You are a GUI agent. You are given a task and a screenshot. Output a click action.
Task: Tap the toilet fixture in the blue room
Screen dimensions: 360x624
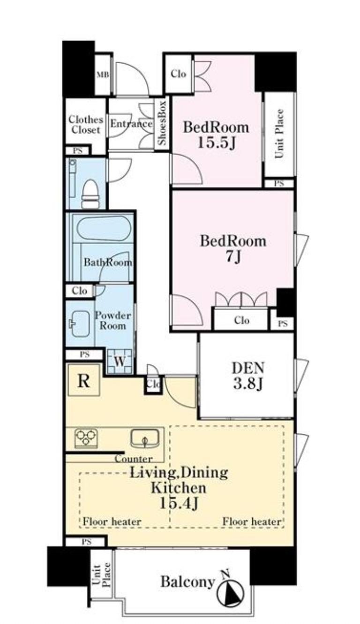point(90,194)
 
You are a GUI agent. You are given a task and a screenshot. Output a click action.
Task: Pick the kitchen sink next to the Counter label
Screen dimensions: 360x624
point(145,439)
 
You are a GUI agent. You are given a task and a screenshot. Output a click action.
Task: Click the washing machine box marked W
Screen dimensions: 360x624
point(120,361)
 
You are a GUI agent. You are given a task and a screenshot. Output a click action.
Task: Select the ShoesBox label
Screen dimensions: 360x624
point(162,123)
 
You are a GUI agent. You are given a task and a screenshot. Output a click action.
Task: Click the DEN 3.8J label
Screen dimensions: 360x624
point(247,376)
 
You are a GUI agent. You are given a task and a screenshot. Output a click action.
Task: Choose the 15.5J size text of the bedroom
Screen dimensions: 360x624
point(217,143)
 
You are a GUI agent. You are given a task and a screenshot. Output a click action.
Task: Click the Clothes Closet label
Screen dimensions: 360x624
point(85,125)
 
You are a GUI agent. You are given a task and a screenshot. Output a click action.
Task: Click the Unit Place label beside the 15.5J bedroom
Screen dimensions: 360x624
point(279,134)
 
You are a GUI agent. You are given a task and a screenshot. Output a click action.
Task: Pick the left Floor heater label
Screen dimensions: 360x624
point(112,521)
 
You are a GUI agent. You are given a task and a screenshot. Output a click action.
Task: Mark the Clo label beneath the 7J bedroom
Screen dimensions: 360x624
point(241,320)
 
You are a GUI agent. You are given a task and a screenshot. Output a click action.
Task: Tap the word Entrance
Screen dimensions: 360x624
point(131,124)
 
